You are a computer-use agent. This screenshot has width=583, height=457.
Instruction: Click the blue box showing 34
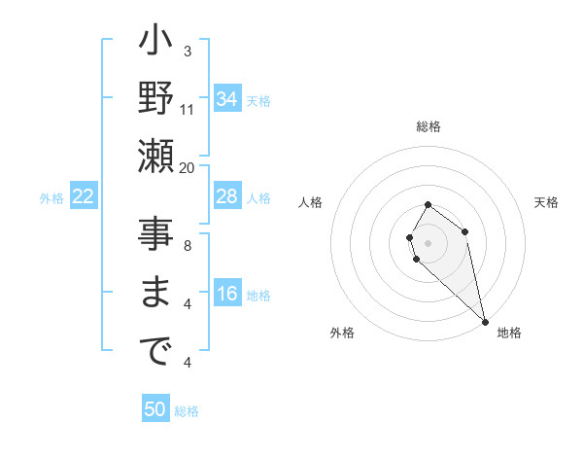(x=226, y=99)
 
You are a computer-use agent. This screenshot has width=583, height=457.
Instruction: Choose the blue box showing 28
(x=226, y=196)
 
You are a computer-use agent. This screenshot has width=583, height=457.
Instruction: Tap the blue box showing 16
(x=226, y=295)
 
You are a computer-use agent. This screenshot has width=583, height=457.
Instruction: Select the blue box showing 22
(x=83, y=197)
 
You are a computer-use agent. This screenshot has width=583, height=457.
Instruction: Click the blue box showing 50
(x=155, y=409)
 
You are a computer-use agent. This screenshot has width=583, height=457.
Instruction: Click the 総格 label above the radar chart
(x=429, y=126)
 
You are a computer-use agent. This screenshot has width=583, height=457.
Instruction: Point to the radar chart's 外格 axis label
(x=342, y=333)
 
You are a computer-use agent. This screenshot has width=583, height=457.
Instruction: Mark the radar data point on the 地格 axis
(x=485, y=322)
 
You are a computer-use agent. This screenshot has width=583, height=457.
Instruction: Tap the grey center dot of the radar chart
(x=428, y=241)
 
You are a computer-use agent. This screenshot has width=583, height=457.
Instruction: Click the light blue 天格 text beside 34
(x=258, y=100)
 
